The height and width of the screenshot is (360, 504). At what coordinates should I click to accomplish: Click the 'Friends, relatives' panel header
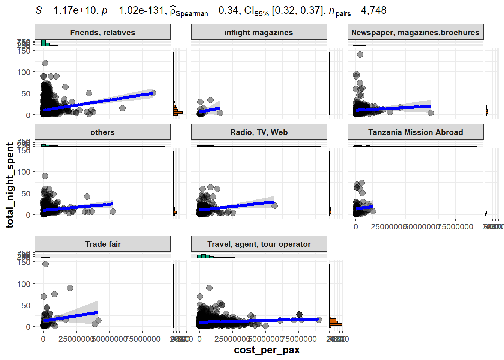(102, 33)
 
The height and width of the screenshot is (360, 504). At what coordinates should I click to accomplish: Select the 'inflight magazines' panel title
(259, 33)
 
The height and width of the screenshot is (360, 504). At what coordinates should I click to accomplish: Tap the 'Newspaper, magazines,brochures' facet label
(415, 33)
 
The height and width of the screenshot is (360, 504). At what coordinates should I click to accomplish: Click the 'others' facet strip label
(102, 132)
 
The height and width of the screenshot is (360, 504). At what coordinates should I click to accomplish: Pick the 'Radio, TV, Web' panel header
(259, 132)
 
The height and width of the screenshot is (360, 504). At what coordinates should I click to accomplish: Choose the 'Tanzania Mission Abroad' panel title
(415, 132)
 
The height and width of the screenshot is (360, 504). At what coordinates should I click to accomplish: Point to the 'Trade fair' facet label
(102, 244)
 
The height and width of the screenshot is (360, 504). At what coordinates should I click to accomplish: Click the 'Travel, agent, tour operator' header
(259, 244)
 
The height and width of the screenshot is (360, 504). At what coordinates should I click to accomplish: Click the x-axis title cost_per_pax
(267, 350)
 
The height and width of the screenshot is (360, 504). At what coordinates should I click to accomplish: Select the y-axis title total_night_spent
(10, 185)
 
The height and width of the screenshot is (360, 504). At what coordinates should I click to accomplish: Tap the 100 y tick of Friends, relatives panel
(24, 72)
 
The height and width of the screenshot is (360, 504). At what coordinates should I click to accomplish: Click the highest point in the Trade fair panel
(45, 264)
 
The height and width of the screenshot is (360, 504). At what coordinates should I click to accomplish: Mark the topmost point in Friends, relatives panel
(45, 63)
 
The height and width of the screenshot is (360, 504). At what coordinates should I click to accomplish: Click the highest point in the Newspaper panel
(360, 54)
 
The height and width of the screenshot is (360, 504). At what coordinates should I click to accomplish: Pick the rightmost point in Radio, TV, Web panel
(274, 205)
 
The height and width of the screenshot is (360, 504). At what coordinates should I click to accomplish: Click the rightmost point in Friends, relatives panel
(153, 93)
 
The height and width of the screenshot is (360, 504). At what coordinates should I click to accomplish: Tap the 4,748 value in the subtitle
(373, 10)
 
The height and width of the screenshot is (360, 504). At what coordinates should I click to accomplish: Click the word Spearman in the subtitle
(192, 14)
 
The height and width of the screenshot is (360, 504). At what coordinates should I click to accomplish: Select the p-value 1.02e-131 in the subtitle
(141, 10)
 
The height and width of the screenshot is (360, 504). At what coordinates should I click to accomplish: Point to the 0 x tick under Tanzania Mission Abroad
(356, 227)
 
